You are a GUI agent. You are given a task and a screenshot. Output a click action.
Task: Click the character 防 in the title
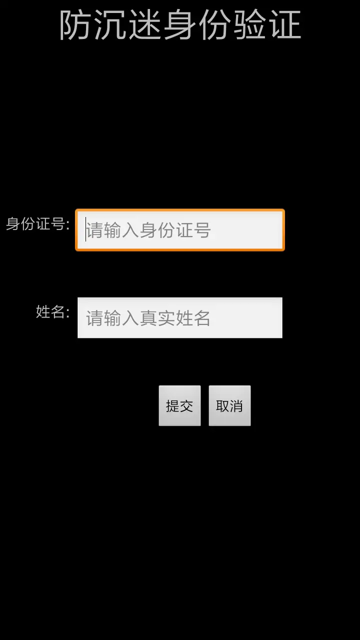tap(75, 24)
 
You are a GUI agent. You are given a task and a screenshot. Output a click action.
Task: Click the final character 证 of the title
tap(285, 24)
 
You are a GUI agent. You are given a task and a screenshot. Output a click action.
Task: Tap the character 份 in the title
tap(215, 24)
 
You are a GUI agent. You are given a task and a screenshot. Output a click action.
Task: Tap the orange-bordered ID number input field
tap(180, 230)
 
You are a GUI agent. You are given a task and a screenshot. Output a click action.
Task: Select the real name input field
tap(180, 317)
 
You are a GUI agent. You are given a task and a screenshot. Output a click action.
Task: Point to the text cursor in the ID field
tap(85, 229)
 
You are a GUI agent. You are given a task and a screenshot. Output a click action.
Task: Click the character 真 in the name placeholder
tap(148, 318)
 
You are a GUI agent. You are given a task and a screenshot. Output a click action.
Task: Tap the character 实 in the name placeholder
tap(166, 318)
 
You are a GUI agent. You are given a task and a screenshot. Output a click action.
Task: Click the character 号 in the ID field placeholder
tap(202, 230)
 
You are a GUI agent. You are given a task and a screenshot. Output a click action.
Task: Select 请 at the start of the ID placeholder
tap(95, 230)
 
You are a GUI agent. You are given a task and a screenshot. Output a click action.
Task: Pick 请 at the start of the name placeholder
tap(95, 318)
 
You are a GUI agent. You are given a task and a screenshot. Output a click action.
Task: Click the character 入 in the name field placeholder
tap(130, 318)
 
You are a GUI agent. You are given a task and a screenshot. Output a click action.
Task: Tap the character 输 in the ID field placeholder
tap(112, 230)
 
